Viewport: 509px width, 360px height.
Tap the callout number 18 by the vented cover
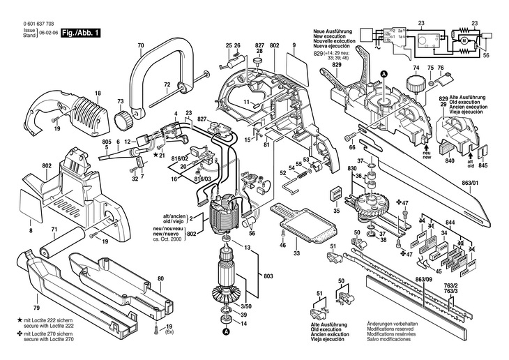pyautogui.click(x=98, y=93)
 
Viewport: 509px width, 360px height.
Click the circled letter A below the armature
pyautogui.click(x=225, y=333)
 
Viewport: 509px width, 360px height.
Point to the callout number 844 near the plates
pyautogui.click(x=452, y=221)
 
